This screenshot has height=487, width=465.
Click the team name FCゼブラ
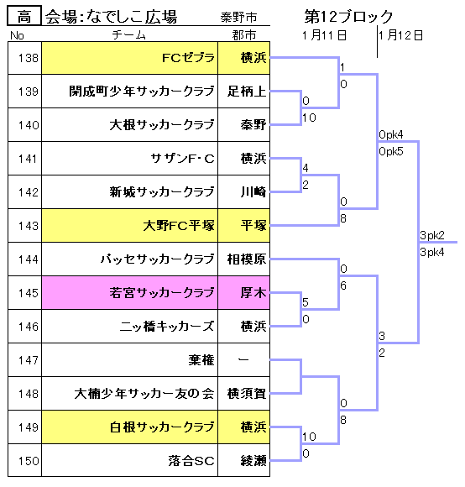(188, 58)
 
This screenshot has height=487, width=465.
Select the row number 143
(29, 226)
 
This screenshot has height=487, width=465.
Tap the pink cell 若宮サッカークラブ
(130, 292)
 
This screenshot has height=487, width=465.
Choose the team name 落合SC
(191, 461)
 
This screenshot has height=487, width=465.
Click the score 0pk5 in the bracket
(391, 152)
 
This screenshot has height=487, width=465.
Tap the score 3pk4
(432, 252)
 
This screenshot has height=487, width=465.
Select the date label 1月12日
(400, 35)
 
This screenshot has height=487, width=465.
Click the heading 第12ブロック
(348, 16)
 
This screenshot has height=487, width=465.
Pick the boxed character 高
(24, 15)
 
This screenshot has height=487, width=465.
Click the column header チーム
(128, 34)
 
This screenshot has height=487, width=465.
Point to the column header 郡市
(244, 35)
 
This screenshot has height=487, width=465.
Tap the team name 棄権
(201, 360)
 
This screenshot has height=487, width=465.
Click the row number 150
(29, 461)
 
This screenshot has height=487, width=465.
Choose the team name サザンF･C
(182, 159)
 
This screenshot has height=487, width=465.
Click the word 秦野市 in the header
(238, 17)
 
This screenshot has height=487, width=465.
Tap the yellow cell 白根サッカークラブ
(130, 427)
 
